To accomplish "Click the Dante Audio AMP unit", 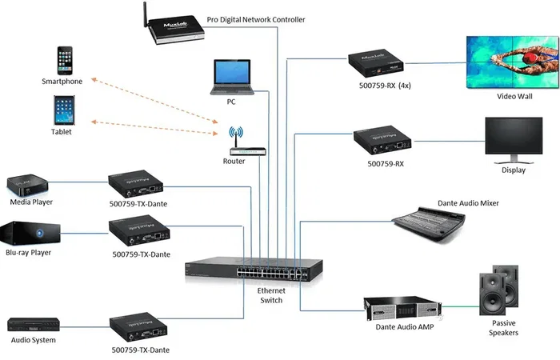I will click(x=405, y=306).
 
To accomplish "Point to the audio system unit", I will click(x=32, y=325).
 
